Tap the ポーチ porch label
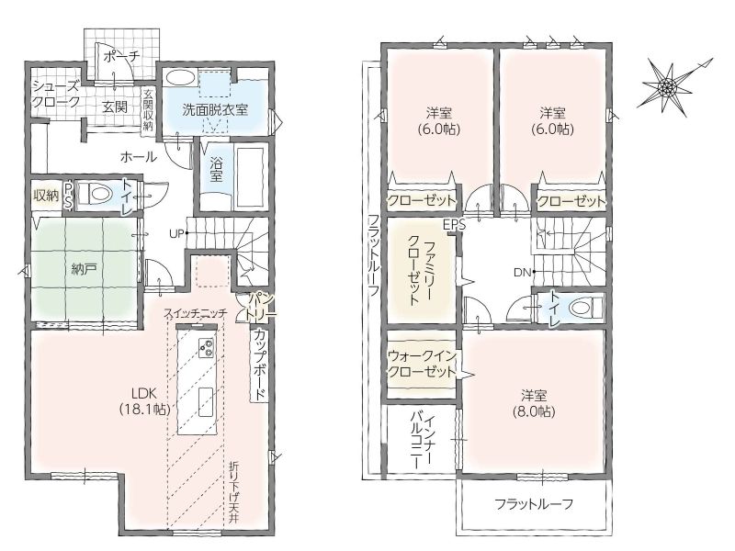click(x=121, y=57)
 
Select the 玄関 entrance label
click(x=115, y=107)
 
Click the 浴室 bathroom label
click(x=216, y=170)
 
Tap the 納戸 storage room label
click(x=84, y=269)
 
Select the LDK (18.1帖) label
click(x=144, y=401)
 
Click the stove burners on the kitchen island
click(x=207, y=347)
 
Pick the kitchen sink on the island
click(x=206, y=402)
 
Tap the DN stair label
click(x=522, y=272)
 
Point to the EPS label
click(x=455, y=225)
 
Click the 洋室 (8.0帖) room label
click(x=534, y=403)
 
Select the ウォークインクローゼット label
click(x=422, y=364)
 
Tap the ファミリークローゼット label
click(x=422, y=274)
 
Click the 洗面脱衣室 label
click(x=215, y=110)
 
